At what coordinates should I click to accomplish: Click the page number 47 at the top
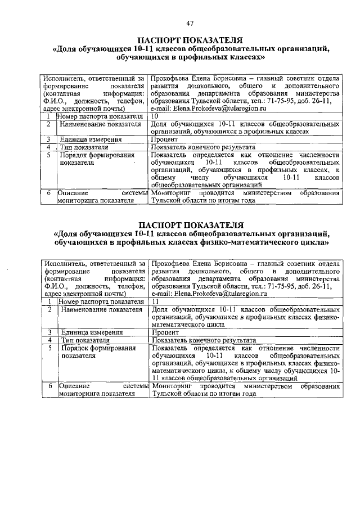[x=190, y=22]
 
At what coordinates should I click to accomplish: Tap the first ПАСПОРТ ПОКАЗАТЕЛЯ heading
[x=190, y=40]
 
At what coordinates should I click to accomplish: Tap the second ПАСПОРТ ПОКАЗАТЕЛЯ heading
[x=190, y=226]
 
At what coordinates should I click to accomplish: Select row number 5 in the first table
[x=49, y=155]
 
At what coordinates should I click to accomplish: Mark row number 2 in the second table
[x=49, y=309]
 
